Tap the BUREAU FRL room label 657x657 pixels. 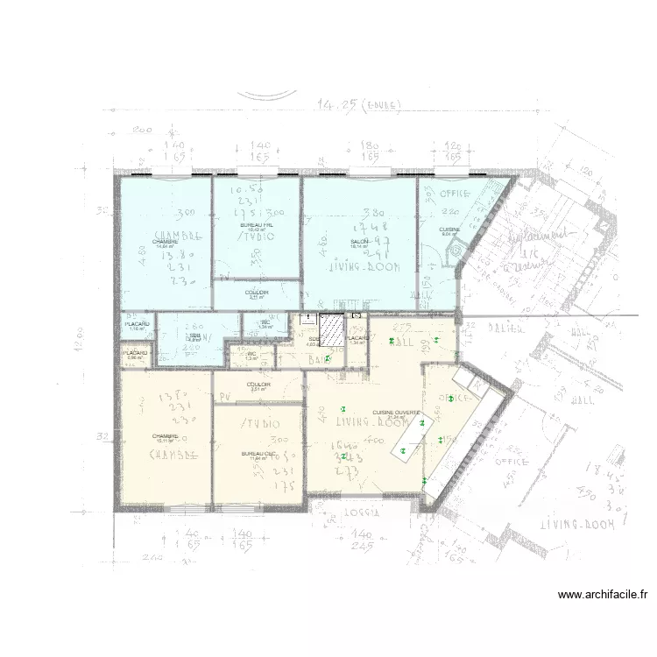coord(256,226)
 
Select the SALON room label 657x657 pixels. coord(359,242)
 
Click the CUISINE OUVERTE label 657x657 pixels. coord(397,413)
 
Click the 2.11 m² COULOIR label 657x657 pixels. coord(256,293)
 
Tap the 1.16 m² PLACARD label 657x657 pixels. coord(136,326)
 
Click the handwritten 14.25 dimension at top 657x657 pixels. coord(337,105)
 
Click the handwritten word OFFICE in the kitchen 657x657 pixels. coord(456,193)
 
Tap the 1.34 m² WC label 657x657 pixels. coord(265,323)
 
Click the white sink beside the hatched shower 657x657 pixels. coord(307,321)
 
